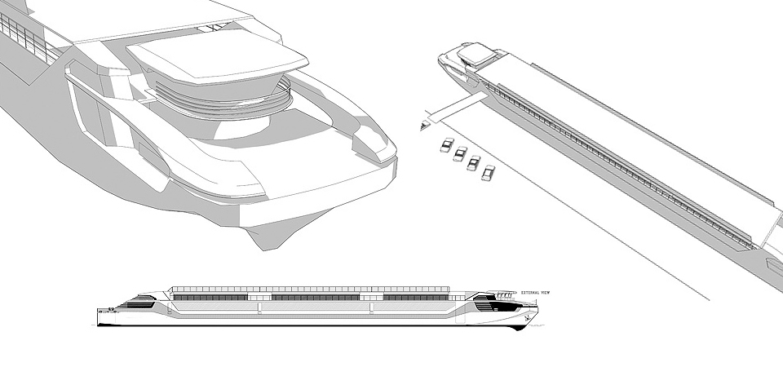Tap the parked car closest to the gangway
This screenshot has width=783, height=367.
coord(446,145)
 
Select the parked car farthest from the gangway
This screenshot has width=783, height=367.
coord(488,172)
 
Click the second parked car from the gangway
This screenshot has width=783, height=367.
coord(460,153)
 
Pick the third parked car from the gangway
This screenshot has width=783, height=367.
coord(473,162)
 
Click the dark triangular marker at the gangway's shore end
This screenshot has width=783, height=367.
coord(424,126)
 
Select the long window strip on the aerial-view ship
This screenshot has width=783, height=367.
coord(620,163)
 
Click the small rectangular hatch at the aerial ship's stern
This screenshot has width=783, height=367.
coord(774,266)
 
